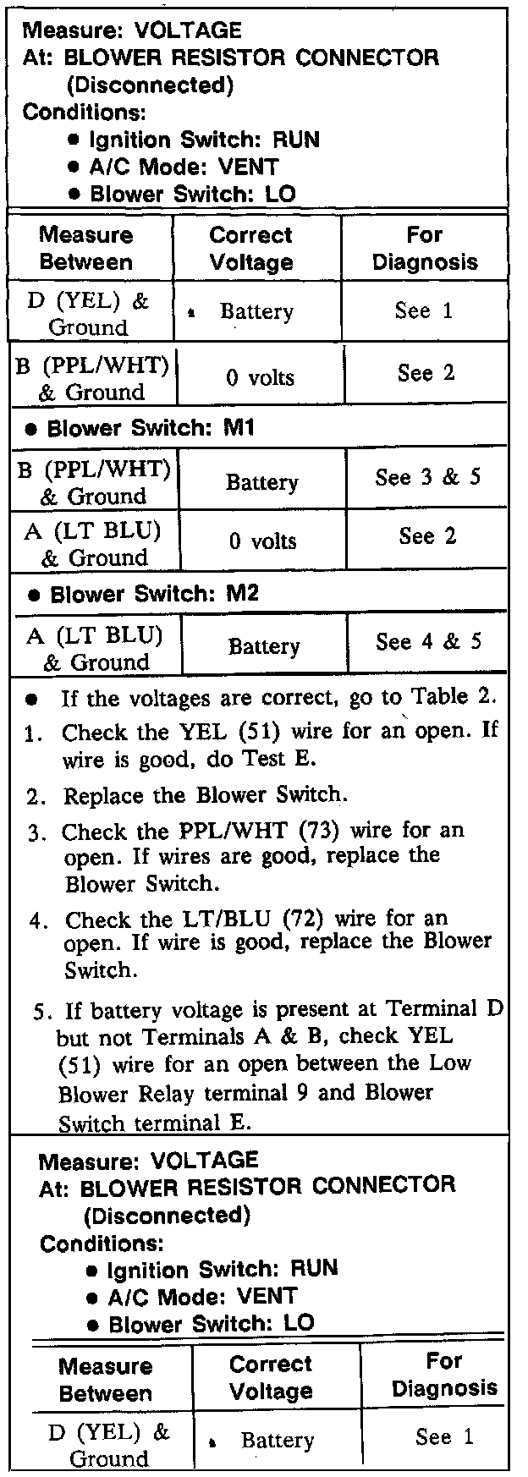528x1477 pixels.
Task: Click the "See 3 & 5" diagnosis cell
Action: (x=427, y=477)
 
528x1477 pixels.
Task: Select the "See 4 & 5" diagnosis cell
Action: (x=428, y=641)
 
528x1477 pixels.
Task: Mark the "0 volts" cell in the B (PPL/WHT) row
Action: (x=260, y=377)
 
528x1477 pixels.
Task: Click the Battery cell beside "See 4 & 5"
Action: (x=264, y=646)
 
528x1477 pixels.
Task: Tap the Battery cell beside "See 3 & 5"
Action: (x=261, y=482)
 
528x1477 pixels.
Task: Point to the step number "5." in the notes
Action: (x=42, y=1011)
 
